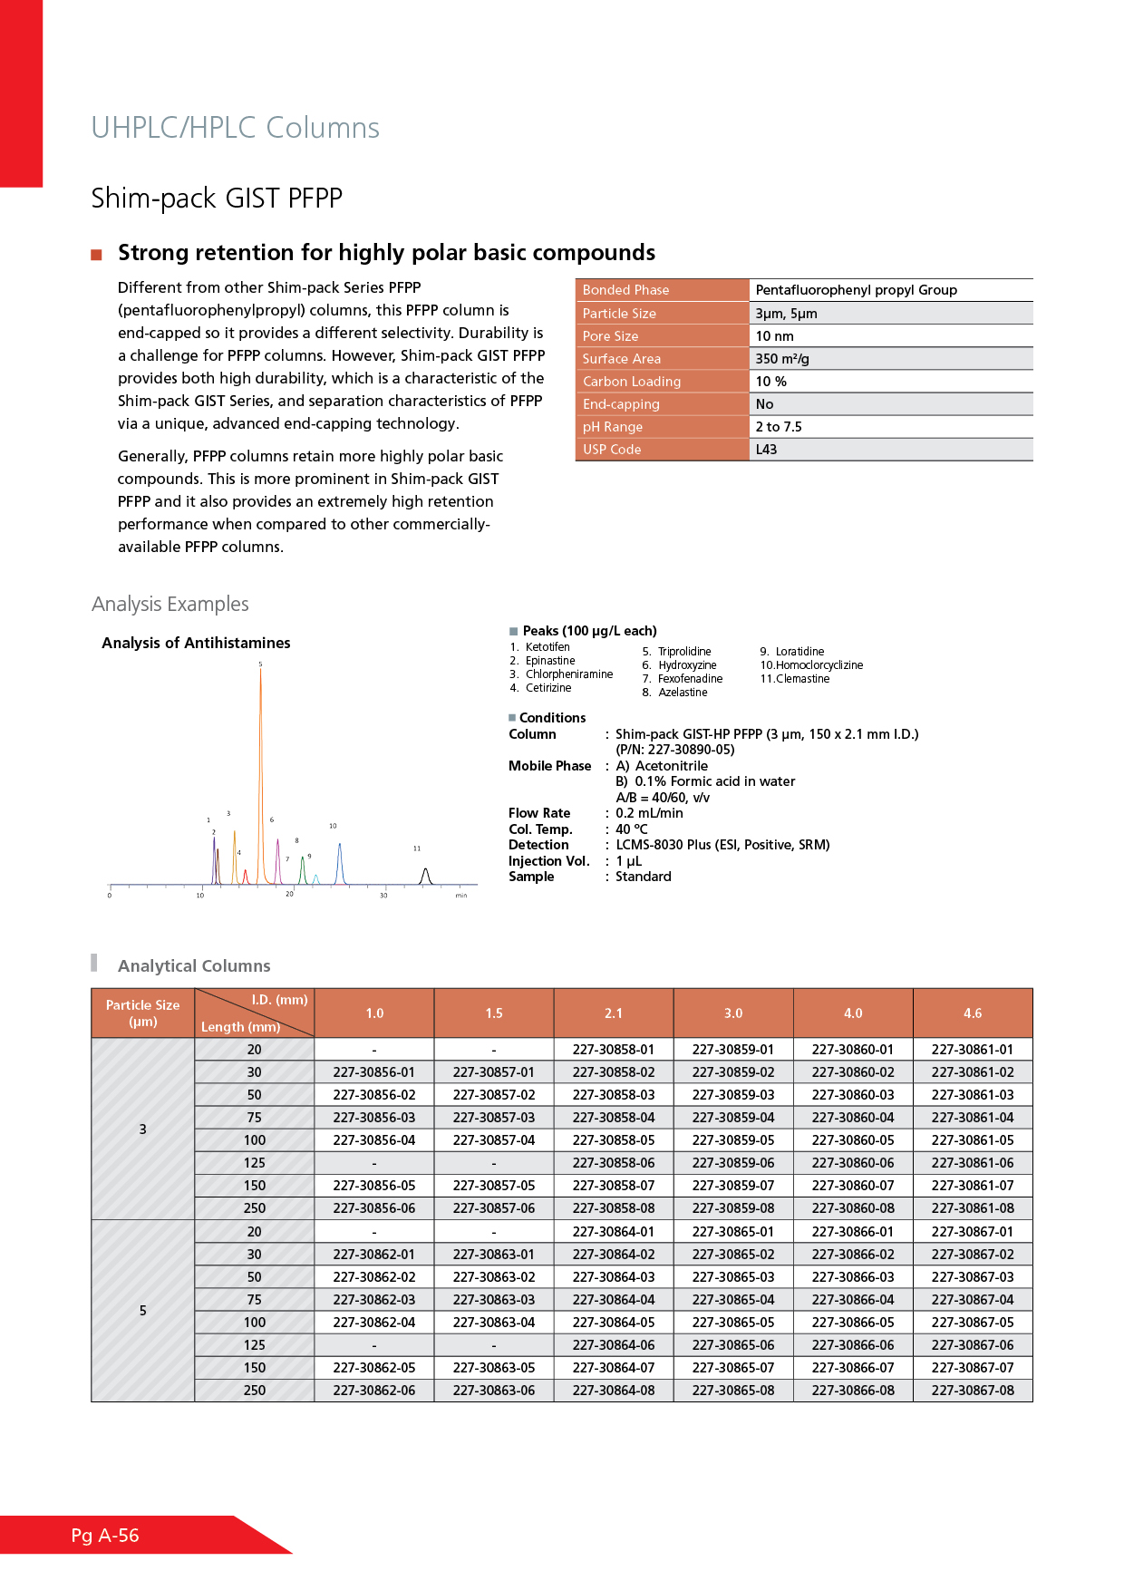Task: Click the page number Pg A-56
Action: [x=105, y=1536]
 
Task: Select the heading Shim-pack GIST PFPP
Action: [x=217, y=199]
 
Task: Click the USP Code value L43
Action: [x=766, y=450]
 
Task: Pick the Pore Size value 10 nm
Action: [x=774, y=336]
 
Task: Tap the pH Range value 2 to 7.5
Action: [x=779, y=427]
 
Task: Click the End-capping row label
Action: [x=621, y=404]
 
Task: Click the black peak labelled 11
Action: [x=425, y=874]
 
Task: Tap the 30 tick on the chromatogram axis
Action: [x=383, y=896]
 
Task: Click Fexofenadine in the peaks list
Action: [x=690, y=679]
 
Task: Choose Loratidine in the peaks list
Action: [x=799, y=652]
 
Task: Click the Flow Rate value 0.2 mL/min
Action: [x=649, y=813]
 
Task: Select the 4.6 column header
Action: [x=973, y=1013]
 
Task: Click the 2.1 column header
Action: [x=614, y=1013]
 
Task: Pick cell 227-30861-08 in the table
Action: [x=973, y=1208]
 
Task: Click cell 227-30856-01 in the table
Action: [x=374, y=1072]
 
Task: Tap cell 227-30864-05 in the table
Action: [x=614, y=1323]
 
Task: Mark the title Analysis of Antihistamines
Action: [x=196, y=643]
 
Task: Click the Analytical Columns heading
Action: [x=194, y=966]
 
